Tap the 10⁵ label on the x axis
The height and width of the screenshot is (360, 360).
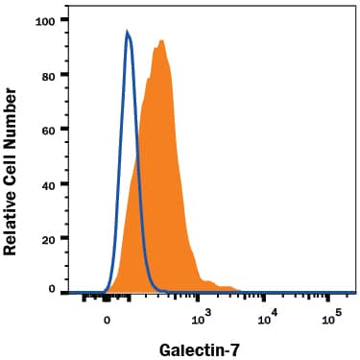point(331,316)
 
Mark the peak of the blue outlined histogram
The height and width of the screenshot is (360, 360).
point(128,31)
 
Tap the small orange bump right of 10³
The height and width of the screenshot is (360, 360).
point(227,286)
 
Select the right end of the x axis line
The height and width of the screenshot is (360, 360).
point(355,293)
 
